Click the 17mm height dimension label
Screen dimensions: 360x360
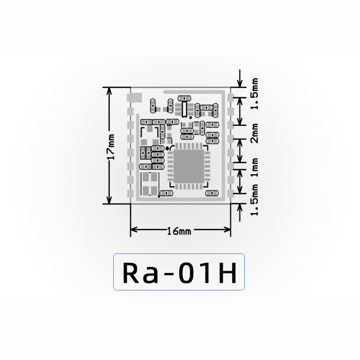(x=111, y=147)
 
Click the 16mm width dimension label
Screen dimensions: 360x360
(x=179, y=231)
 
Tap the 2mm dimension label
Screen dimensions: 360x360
(x=254, y=133)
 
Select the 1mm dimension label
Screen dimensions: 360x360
(x=254, y=167)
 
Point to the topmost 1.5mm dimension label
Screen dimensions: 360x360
(x=254, y=94)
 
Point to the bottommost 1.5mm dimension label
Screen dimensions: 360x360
(x=254, y=200)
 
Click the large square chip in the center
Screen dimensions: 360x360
(x=189, y=166)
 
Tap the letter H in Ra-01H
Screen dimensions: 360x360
(x=228, y=273)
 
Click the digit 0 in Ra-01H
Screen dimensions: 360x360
(x=186, y=273)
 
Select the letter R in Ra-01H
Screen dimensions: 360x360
(x=131, y=273)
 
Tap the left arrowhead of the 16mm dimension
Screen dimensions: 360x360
(x=134, y=229)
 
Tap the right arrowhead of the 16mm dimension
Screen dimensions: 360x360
(x=227, y=229)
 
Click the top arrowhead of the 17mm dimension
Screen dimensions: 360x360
(x=109, y=91)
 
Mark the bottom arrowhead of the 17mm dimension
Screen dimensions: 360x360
(x=109, y=200)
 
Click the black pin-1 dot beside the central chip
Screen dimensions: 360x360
(x=168, y=148)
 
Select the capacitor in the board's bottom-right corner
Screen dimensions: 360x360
(x=212, y=193)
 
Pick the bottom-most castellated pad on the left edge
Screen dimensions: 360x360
(x=131, y=193)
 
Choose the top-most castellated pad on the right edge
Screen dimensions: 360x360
(x=230, y=97)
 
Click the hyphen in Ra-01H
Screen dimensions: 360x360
(x=168, y=275)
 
